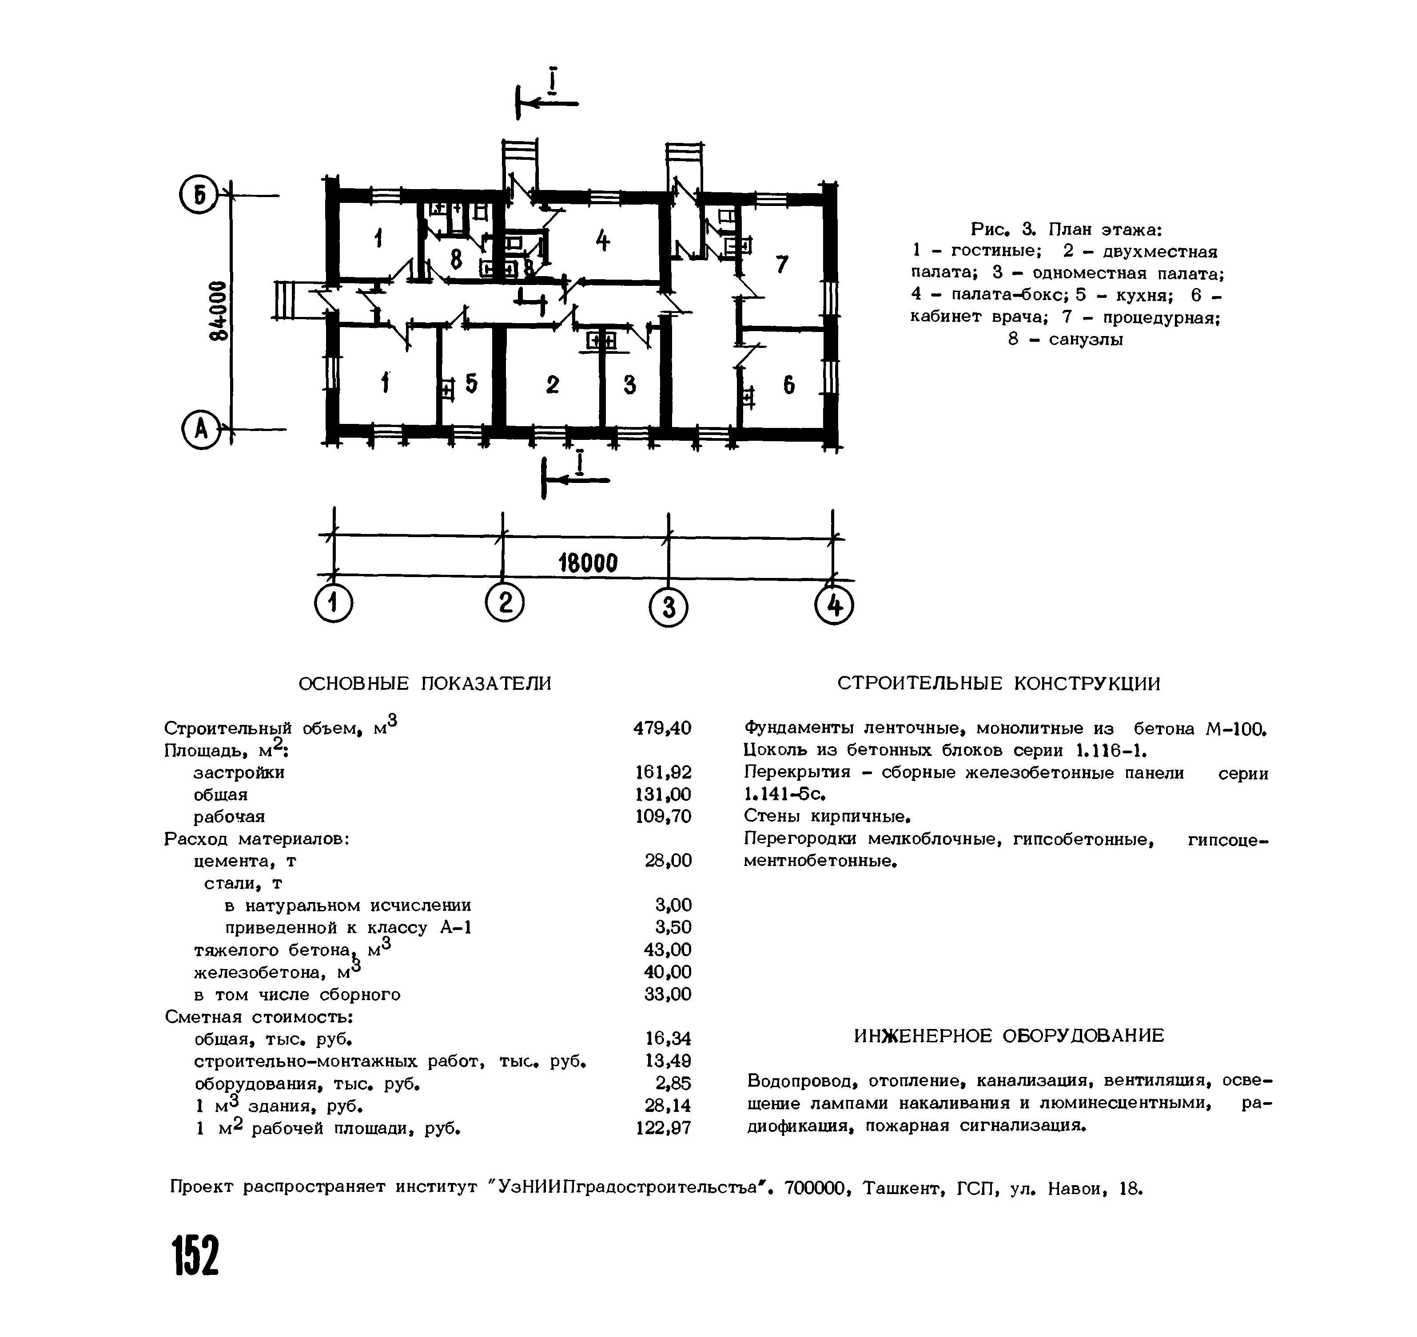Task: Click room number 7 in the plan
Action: click(x=782, y=265)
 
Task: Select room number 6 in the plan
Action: click(x=789, y=386)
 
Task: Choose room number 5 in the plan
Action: click(x=471, y=384)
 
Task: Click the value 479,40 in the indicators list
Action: click(x=662, y=728)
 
